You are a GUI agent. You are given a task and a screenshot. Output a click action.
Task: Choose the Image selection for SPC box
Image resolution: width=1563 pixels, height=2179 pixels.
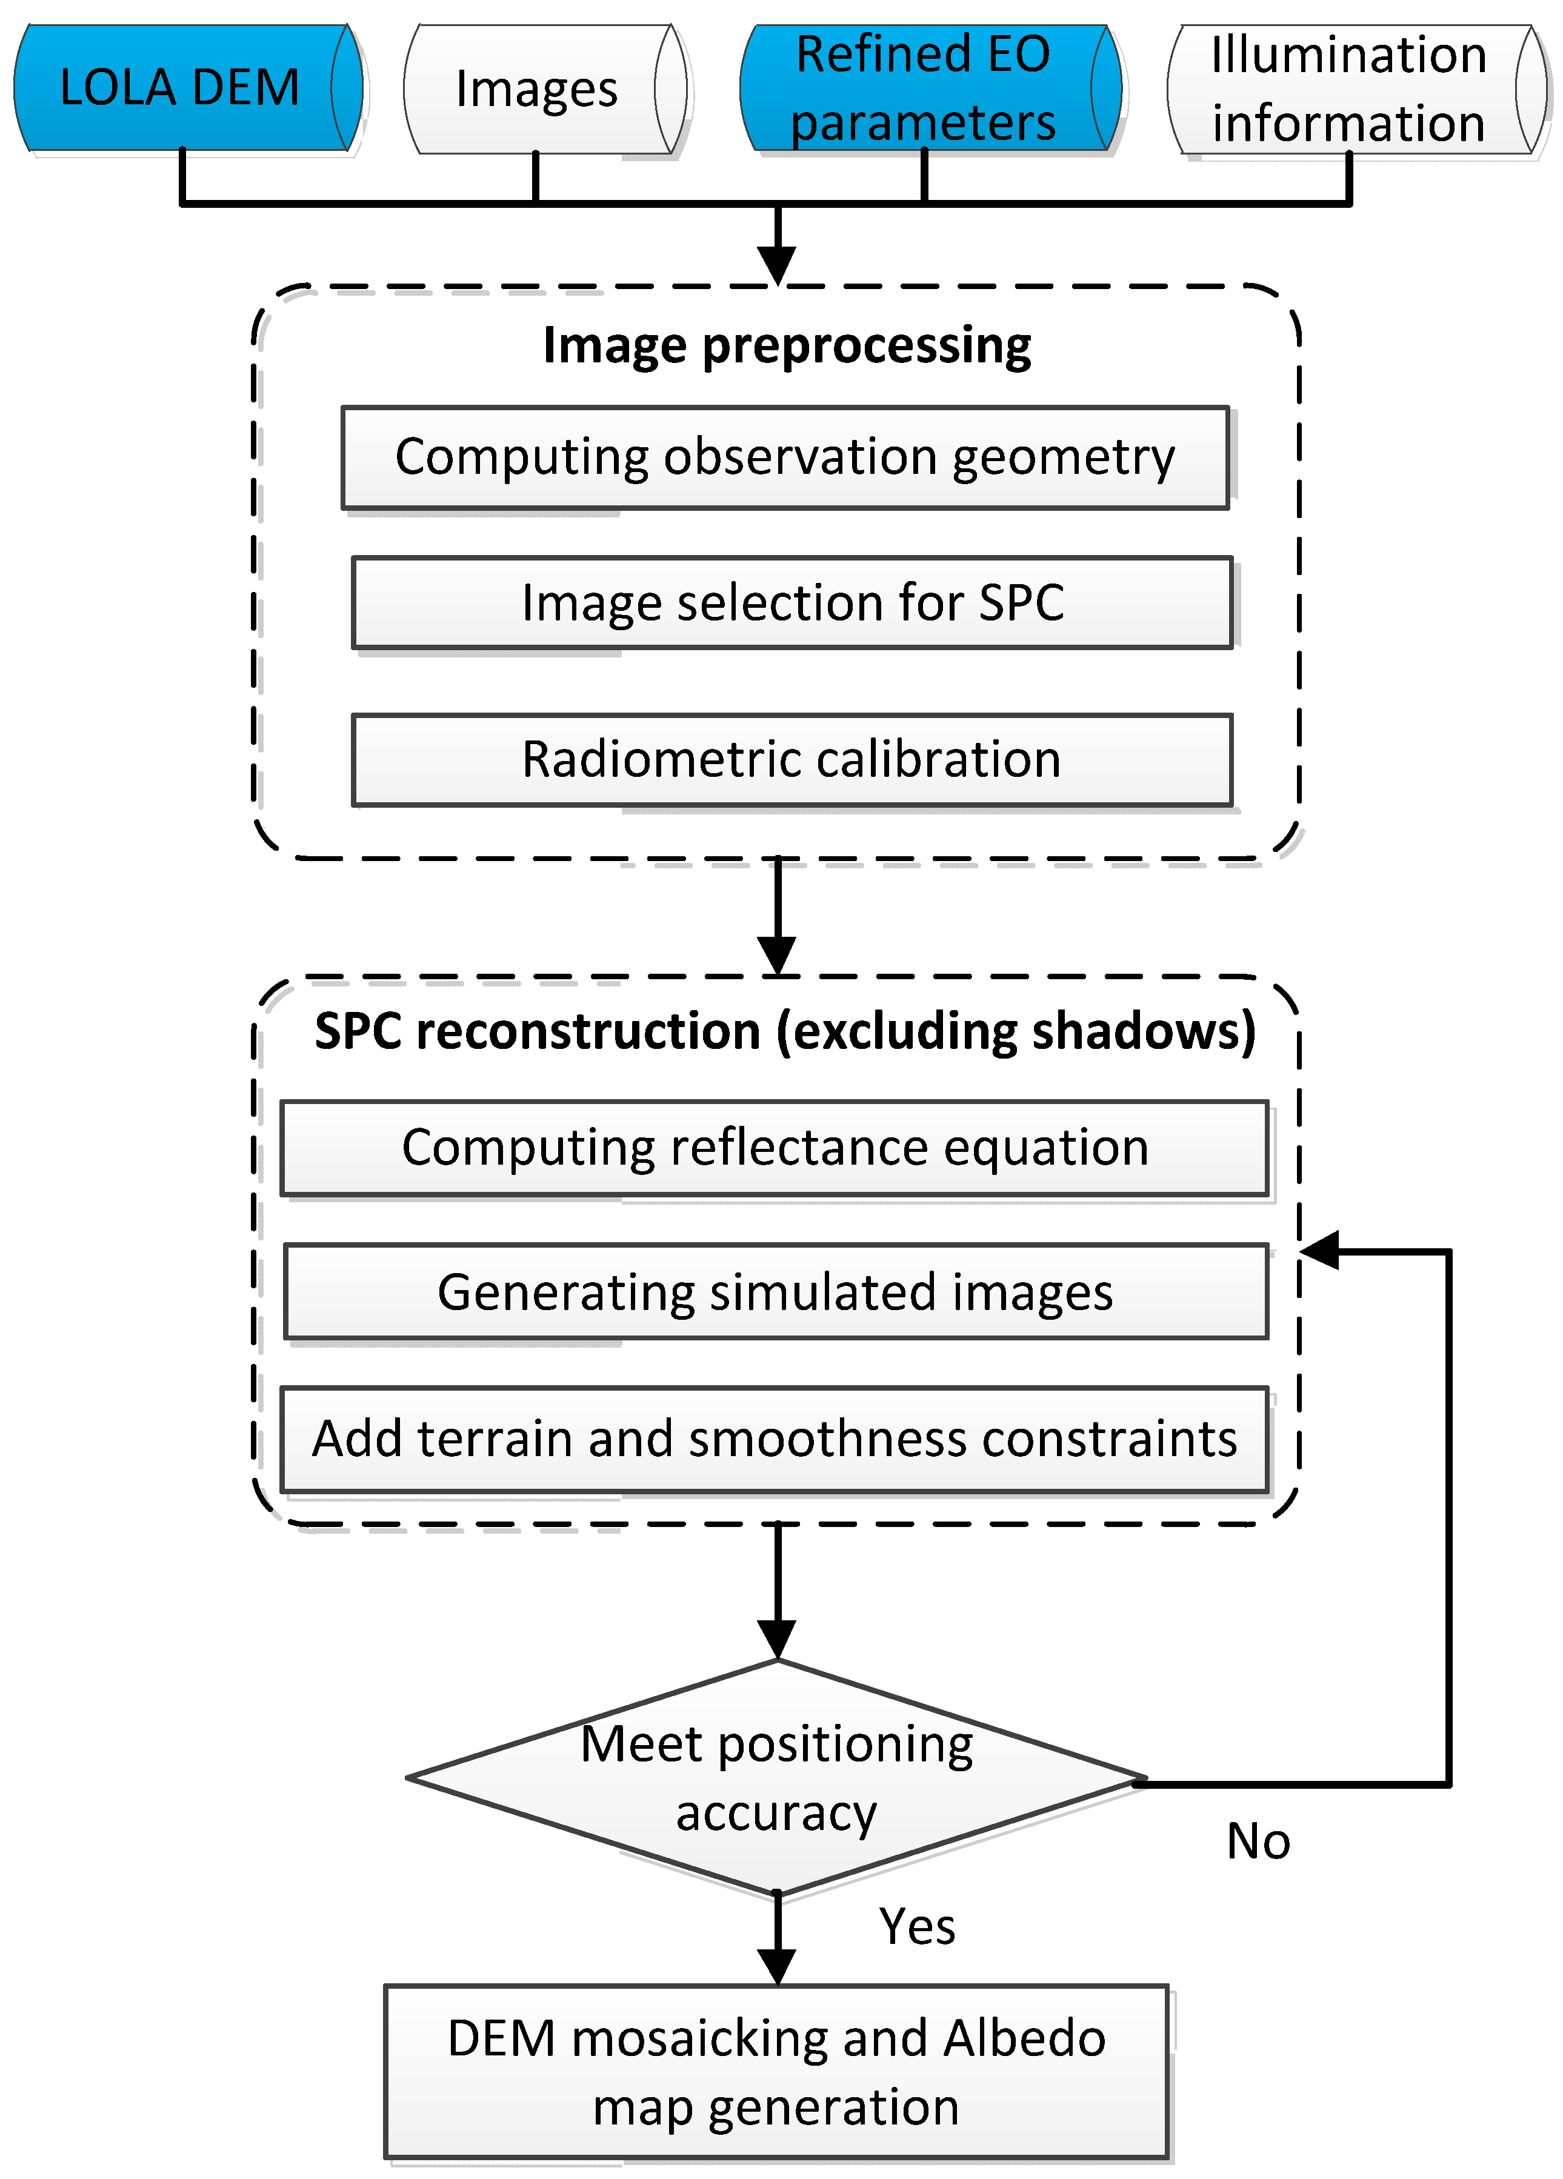[793, 602]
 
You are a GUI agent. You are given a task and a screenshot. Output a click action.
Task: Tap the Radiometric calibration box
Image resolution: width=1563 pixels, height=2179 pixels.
[793, 759]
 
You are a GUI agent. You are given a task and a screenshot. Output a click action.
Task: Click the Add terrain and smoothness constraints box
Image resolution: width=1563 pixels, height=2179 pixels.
[775, 1439]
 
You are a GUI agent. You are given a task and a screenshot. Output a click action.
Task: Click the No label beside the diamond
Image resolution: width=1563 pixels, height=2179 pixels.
[1258, 1841]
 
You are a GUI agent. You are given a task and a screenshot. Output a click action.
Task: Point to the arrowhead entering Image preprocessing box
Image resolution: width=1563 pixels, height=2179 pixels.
[776, 264]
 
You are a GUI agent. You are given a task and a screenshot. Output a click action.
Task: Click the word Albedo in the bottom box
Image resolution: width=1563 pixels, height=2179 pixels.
[1024, 2038]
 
